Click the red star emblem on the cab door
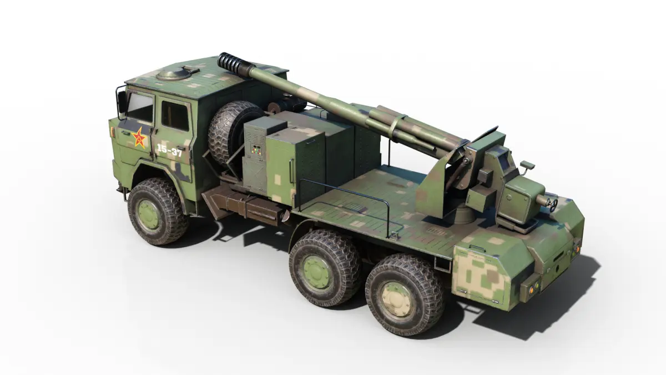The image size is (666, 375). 139,138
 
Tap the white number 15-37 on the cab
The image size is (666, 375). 169,151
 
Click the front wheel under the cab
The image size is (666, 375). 157,211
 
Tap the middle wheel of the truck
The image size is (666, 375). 324,268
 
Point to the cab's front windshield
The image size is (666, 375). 140,107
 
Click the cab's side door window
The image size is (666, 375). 175,116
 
